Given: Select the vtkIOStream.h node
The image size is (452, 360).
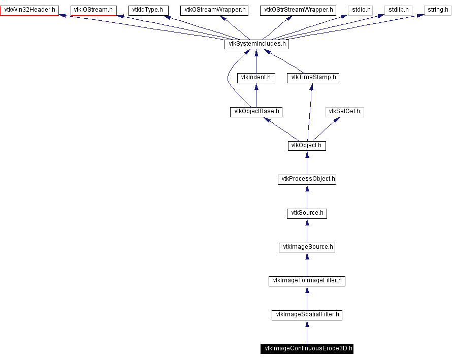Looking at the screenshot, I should pos(93,10).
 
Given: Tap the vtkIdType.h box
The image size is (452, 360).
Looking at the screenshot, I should pos(148,10).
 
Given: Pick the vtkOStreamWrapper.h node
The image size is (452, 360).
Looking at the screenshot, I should pos(214,10).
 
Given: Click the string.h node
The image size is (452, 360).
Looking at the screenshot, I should pos(437,10).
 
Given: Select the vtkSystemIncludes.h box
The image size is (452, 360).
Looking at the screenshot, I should pos(256,44).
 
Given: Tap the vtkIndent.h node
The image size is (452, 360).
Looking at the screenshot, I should pos(256,78).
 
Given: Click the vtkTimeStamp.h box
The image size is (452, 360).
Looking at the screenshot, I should pos(313,78).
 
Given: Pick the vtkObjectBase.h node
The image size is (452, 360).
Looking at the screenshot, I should pos(256,112).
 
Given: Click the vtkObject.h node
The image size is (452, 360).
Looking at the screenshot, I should pos(307,146).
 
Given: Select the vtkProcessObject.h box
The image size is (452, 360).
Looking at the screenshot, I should pos(307,179).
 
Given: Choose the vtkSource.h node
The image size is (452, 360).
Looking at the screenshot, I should pos(307,213).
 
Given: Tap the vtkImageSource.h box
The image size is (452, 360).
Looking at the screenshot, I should pos(307,247).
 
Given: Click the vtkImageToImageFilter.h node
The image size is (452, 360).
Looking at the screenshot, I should pos(307,281).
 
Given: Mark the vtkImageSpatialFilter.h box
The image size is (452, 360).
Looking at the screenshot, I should pos(307,315).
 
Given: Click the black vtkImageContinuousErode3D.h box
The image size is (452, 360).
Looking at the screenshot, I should pos(307,349).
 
